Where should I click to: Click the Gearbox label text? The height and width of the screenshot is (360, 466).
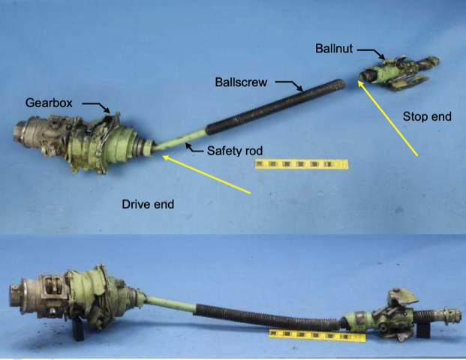49,103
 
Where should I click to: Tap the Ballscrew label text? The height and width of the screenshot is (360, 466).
241,82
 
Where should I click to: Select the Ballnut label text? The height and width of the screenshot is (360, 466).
334,49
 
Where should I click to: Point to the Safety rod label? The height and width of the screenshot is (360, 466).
235,151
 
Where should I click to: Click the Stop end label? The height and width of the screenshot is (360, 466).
427,116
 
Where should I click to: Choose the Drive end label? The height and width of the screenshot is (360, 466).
148,204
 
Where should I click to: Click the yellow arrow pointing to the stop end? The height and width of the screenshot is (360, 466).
387,118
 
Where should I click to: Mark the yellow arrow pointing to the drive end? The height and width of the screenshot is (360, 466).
206,175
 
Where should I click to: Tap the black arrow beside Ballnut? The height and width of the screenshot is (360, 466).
371,53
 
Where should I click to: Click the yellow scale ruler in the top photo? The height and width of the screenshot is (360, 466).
302,164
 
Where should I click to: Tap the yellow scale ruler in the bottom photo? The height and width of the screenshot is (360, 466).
317,335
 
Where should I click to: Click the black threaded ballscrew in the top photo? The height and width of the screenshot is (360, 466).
275,106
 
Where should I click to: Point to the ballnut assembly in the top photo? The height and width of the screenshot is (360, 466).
398,73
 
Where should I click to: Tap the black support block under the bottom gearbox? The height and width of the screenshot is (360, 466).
79,329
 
